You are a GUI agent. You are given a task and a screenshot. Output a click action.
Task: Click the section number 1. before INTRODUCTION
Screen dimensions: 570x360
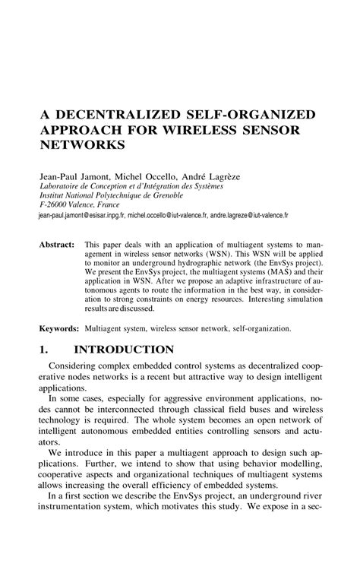click(x=44, y=350)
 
